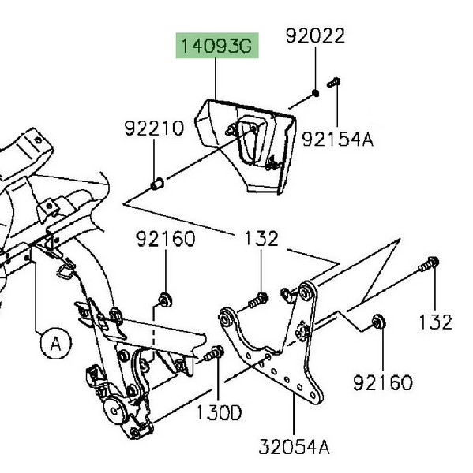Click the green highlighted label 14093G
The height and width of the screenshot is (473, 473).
pyautogui.click(x=217, y=46)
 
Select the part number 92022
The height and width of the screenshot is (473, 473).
pyautogui.click(x=315, y=35)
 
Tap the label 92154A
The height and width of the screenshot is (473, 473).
pyautogui.click(x=338, y=139)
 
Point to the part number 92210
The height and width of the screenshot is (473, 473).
pyautogui.click(x=154, y=128)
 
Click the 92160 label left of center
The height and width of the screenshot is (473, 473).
pyautogui.click(x=166, y=239)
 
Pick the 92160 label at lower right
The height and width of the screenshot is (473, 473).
pyautogui.click(x=383, y=383)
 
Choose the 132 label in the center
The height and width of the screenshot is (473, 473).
pyautogui.click(x=261, y=238)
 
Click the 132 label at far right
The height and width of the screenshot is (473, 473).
pyautogui.click(x=436, y=322)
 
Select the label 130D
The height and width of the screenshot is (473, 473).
pyautogui.click(x=219, y=412)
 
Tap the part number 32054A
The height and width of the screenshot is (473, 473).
pyautogui.click(x=294, y=447)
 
